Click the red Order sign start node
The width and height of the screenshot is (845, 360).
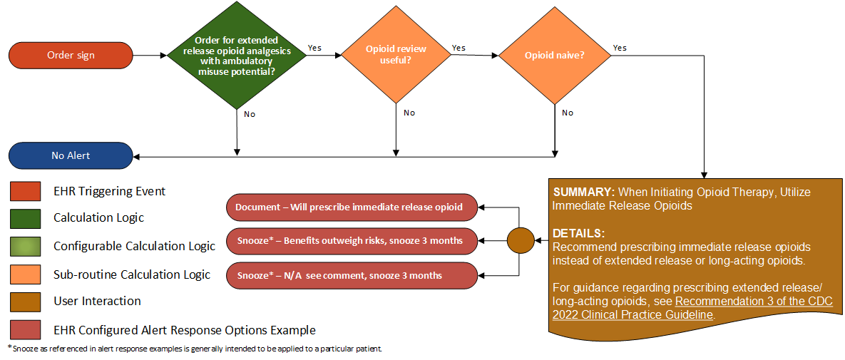(x=71, y=55)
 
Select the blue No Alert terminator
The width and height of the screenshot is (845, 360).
(x=71, y=155)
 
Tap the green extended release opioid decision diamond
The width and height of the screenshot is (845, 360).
(x=236, y=56)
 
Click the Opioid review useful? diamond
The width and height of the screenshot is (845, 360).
(x=396, y=55)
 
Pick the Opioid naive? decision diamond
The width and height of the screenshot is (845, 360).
(x=554, y=55)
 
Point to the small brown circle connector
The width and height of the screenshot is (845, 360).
(x=520, y=240)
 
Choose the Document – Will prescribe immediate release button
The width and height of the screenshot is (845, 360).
(x=351, y=207)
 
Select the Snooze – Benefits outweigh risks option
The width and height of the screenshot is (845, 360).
(x=351, y=241)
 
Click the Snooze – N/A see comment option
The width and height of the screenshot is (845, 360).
(x=351, y=275)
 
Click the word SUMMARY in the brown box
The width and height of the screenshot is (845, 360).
(x=583, y=192)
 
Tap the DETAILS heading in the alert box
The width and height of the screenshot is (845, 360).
(x=578, y=233)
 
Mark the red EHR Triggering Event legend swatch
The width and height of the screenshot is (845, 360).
(x=25, y=191)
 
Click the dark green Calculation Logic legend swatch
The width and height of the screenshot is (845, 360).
(x=25, y=218)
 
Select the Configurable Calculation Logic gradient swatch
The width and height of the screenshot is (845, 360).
(x=25, y=246)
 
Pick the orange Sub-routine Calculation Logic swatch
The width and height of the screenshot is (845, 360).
(x=25, y=274)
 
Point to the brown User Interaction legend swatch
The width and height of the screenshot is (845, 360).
(x=25, y=302)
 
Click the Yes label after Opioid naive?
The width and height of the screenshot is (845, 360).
(x=620, y=48)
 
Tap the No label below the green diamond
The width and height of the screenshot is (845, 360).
(x=250, y=113)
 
